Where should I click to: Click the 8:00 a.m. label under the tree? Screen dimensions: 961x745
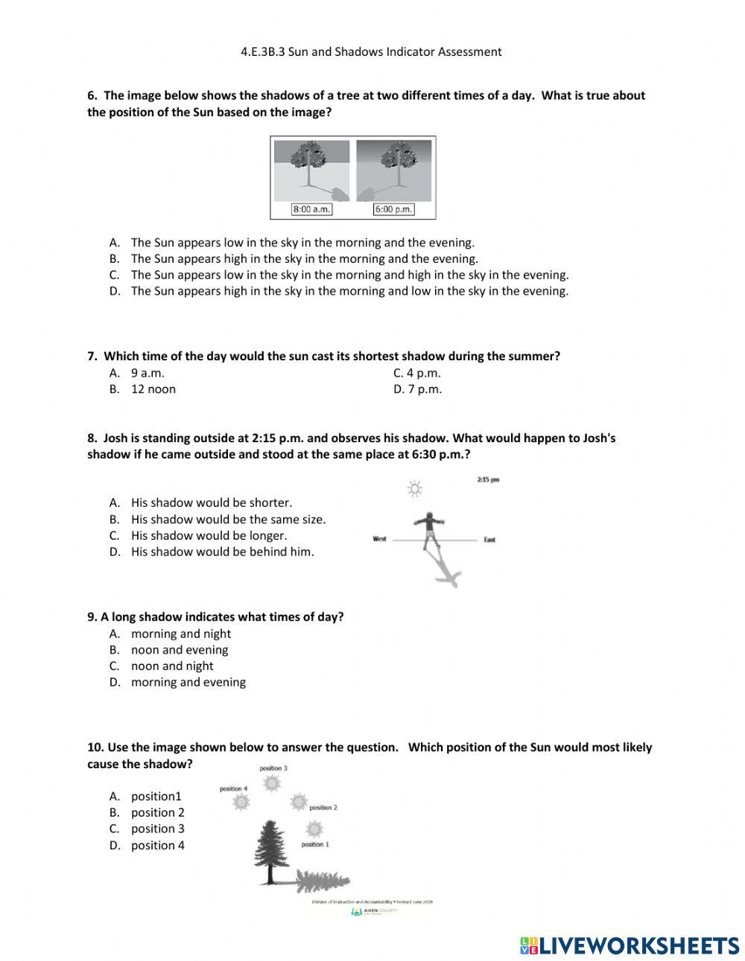pos(311,209)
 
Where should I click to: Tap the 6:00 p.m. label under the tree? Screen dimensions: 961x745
pos(393,209)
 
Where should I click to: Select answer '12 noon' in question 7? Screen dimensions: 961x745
pos(153,389)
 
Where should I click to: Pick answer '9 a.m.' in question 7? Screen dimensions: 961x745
pos(148,373)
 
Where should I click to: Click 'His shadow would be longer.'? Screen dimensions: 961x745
pos(209,535)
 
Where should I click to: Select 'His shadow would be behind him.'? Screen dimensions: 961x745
pos(222,552)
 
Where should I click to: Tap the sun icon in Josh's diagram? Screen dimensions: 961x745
pos(414,488)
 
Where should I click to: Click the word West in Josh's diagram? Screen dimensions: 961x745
pos(380,539)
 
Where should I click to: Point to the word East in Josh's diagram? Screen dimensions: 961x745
pos(489,539)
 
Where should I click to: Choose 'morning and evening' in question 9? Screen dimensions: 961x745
pos(188,682)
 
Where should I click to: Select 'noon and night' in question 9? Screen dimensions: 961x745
pos(172,666)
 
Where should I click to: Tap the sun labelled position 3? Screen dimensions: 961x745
pos(272,782)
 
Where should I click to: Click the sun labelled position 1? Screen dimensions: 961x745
pos(314,829)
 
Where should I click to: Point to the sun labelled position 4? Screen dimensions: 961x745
pos(241,802)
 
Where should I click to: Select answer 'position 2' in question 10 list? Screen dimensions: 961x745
pos(157,813)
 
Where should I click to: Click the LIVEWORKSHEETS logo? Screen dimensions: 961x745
pos(630,945)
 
